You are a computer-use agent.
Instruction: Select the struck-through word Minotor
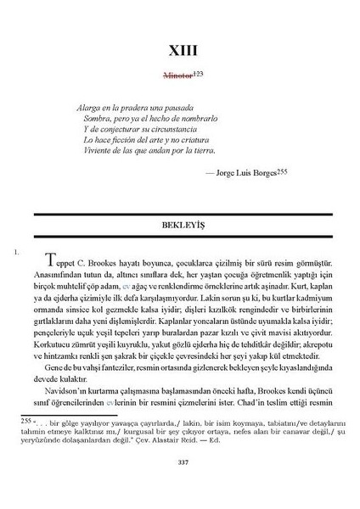pyautogui.click(x=173, y=75)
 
